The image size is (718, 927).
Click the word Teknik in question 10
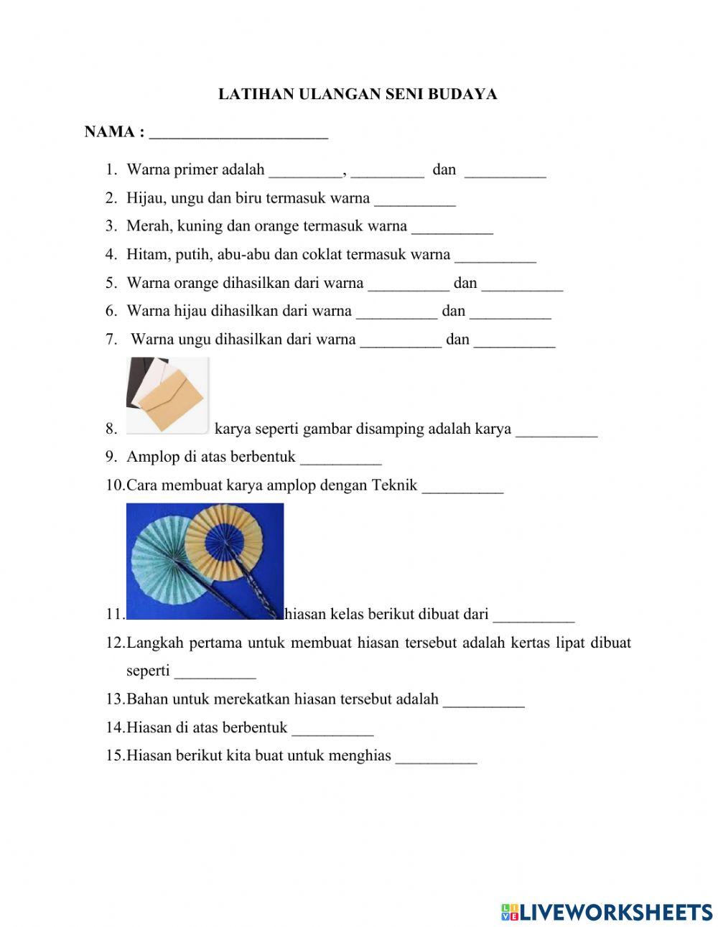(x=394, y=485)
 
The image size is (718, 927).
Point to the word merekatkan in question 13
(x=252, y=699)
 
